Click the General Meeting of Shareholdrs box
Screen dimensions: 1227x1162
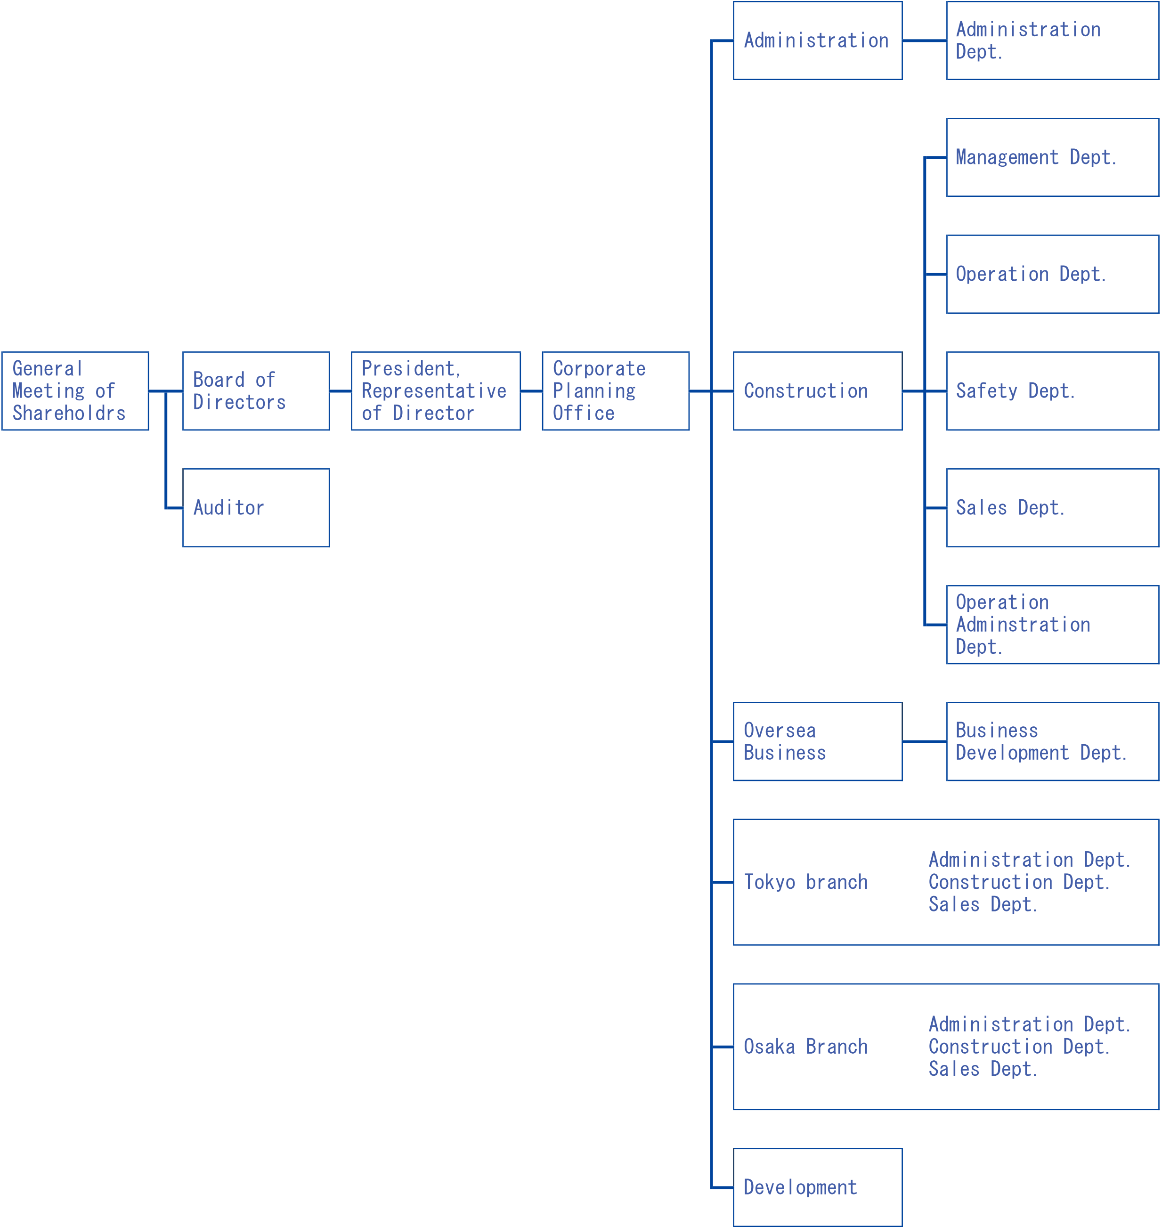point(75,391)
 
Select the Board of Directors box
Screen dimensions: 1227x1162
point(256,391)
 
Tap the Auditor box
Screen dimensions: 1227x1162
point(256,508)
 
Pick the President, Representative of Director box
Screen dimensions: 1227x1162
point(435,391)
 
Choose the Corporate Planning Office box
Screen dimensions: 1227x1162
point(615,391)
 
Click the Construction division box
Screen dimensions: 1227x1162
point(818,391)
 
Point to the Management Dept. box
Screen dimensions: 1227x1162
point(1052,157)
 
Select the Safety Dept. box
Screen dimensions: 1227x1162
point(1052,391)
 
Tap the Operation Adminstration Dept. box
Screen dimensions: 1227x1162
point(1052,625)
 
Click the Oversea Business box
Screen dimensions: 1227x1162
point(818,741)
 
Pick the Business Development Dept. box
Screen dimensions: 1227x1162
point(1052,741)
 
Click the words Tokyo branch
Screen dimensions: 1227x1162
point(805,882)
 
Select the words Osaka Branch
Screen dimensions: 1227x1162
point(805,1047)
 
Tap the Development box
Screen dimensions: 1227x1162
point(818,1187)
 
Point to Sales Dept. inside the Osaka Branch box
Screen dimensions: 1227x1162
point(983,1069)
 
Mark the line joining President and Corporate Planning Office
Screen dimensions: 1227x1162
point(531,391)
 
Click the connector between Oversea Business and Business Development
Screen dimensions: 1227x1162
point(924,741)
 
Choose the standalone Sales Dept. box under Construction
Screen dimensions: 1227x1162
point(1052,508)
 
